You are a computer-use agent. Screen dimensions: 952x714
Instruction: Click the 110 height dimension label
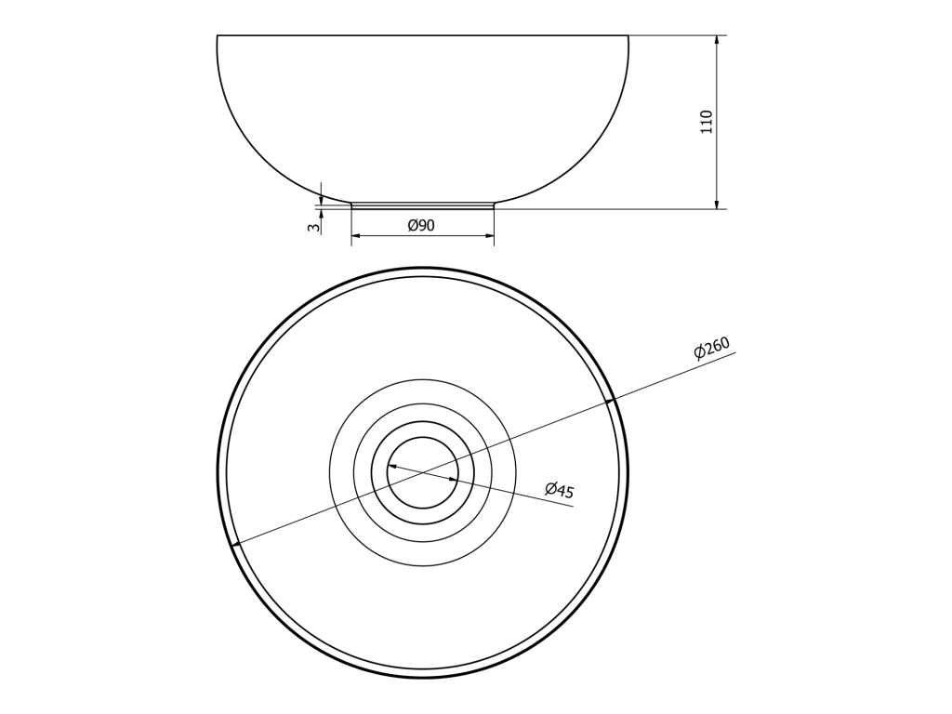[x=707, y=122]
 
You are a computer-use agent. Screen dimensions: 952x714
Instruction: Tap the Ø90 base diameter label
[x=421, y=225]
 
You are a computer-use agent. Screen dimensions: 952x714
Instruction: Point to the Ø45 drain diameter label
[x=559, y=489]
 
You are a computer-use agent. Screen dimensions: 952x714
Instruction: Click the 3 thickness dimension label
[x=313, y=228]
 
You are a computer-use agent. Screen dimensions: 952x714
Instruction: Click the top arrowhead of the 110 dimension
[x=717, y=41]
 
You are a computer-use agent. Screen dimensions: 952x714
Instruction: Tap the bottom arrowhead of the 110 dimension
[x=717, y=203]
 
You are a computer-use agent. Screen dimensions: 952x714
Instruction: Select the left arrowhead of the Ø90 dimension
[x=358, y=235]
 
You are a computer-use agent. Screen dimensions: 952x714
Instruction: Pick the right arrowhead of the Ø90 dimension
[x=487, y=235]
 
